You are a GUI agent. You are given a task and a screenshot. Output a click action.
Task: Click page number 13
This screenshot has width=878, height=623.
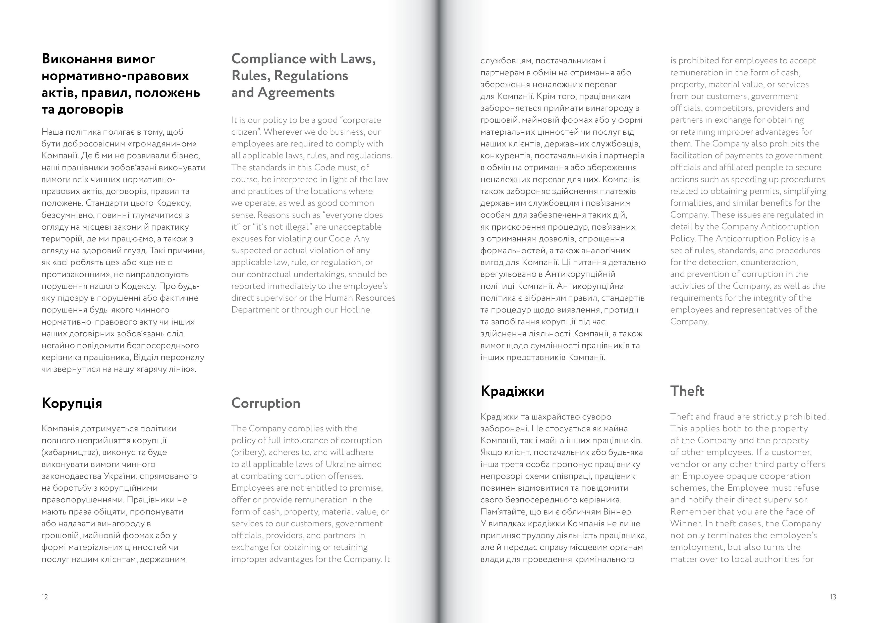[x=833, y=597]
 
